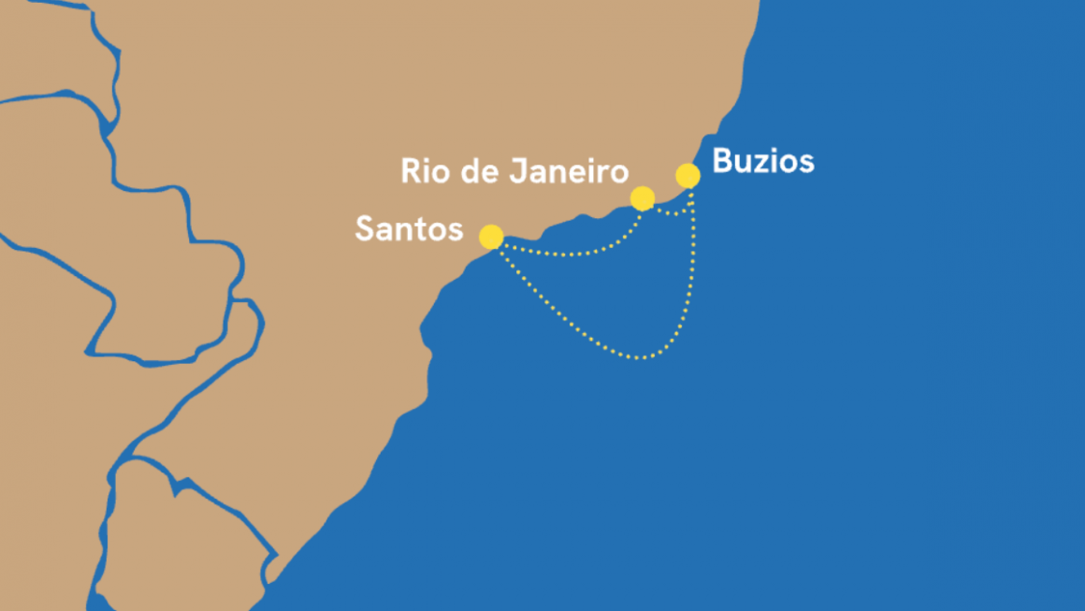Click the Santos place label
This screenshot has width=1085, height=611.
pos(409,228)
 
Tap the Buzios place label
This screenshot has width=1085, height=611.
pos(763,162)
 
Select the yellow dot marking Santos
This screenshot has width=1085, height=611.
pos(491,237)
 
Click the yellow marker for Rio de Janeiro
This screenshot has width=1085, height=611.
pos(643,198)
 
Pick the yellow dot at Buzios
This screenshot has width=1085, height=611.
pos(687,176)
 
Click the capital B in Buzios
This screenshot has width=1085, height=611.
pos(722,162)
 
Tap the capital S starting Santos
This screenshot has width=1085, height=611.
pos(365,228)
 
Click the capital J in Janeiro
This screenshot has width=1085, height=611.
pos(520,171)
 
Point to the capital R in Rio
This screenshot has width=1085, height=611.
pos(410,171)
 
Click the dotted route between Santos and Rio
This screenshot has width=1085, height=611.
pos(571,254)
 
